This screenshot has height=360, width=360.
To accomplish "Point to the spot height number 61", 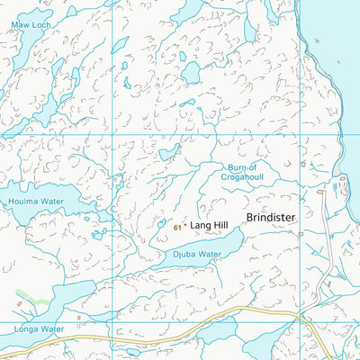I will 177,229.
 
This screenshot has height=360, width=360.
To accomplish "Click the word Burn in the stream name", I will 231,167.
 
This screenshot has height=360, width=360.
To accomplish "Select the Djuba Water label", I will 197,255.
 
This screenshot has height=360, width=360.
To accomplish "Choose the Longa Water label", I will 39,329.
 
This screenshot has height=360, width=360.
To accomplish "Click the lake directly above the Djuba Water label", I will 211,241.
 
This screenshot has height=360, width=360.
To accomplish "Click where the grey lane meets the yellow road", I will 302,317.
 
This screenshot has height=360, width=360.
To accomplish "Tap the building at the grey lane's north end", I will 320,193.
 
